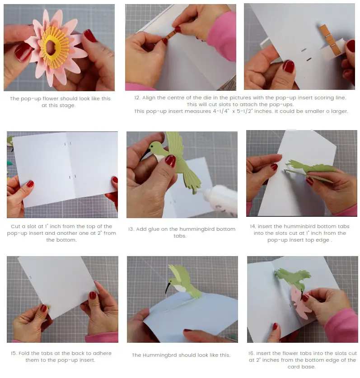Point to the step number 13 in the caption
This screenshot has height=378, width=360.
pyautogui.click(x=131, y=229)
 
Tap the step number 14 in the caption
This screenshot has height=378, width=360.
pyautogui.click(x=252, y=226)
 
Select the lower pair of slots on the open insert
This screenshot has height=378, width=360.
pyautogui.click(x=72, y=177)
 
